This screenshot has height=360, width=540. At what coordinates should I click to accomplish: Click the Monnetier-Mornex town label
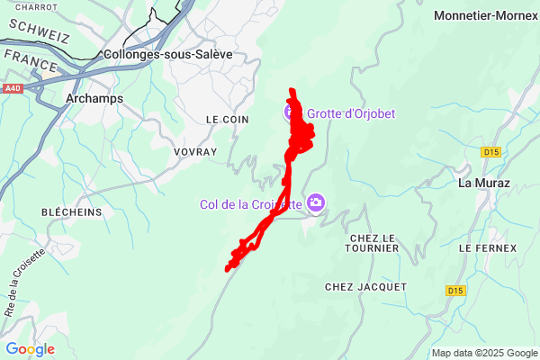pos(486,15)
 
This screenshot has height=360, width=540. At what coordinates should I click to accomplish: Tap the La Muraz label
pos(483,183)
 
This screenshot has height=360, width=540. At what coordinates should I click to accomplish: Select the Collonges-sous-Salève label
pos(168,54)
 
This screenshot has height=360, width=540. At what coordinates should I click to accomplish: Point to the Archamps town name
pos(94,98)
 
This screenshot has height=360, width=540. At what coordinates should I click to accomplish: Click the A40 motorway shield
pos(12,88)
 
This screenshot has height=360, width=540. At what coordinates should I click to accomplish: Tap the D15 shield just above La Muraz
pos(490,152)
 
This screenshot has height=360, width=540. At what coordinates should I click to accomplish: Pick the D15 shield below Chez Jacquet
pos(455,290)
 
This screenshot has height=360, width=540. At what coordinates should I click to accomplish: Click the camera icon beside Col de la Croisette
pos(315,202)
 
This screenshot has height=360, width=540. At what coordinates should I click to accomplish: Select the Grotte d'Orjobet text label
pos(351,113)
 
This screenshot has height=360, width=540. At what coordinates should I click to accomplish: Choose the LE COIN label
pos(227,119)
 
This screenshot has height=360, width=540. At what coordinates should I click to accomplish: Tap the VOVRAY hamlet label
pos(195,152)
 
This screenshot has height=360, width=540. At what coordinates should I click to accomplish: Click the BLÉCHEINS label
pos(71,211)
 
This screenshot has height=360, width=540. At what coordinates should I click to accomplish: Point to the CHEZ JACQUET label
pos(365,286)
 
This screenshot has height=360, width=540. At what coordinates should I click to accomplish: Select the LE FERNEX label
pos(487,247)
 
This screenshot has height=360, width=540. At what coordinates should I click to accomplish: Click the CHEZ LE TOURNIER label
pos(372,243)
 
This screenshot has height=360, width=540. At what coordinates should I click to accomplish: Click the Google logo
pos(30,349)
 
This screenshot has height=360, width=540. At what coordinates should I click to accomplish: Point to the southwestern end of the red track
pos(227,268)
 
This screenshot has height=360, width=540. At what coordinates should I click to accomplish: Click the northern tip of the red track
pos(291,90)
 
